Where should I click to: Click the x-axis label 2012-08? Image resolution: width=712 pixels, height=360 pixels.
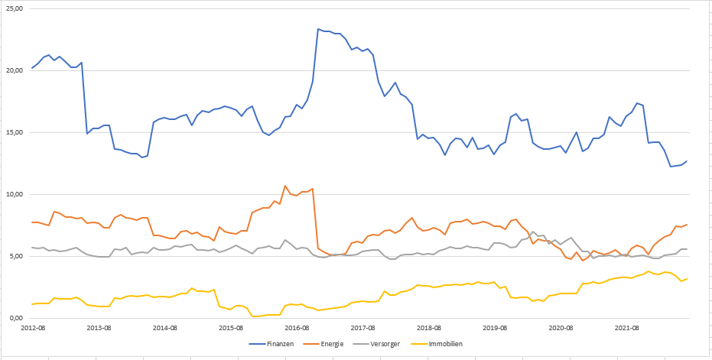coord(33,328)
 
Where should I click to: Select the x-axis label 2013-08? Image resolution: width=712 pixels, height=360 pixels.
coord(99,328)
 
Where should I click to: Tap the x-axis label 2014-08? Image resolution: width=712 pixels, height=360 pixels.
coord(165,328)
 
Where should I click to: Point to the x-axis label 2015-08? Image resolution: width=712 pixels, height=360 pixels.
coord(231,328)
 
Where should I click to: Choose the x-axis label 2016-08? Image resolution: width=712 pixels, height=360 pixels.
coord(297,328)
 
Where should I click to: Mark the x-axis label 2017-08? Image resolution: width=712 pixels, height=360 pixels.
coord(363,328)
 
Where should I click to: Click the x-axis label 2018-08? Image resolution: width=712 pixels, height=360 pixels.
coord(429,328)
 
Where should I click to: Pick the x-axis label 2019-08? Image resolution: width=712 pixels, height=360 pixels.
coord(495,328)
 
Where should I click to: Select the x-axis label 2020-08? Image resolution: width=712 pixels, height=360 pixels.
coord(561,328)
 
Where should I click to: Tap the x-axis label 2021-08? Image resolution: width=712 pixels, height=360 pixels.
coord(627,328)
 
